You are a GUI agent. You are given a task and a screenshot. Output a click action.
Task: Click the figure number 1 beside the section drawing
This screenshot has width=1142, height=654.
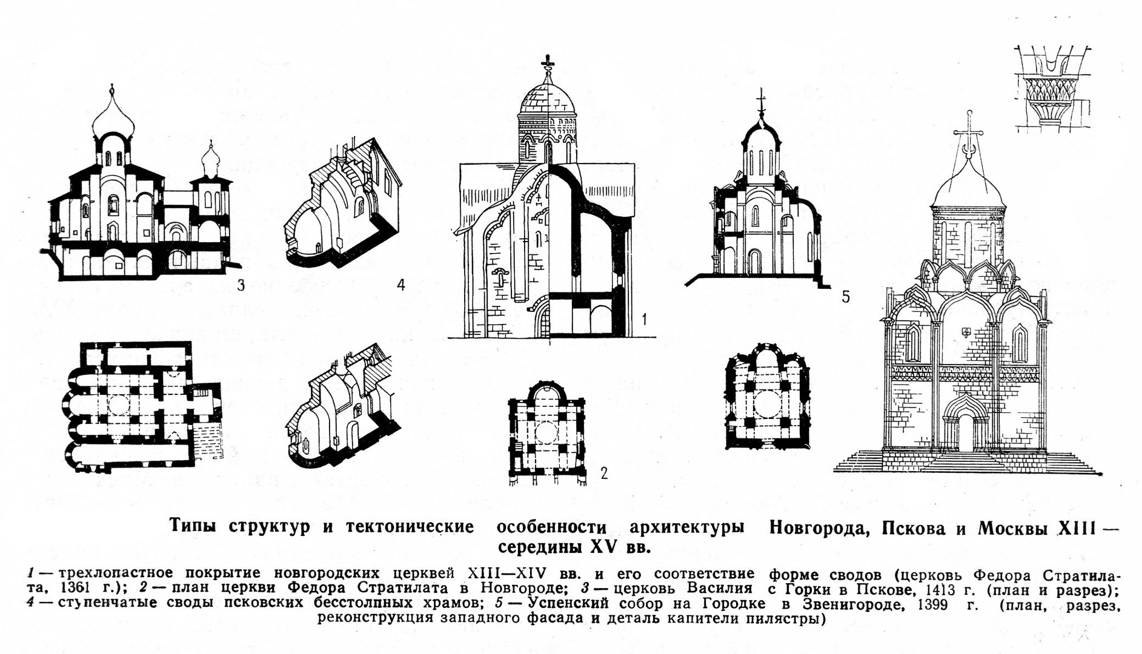point(646,317)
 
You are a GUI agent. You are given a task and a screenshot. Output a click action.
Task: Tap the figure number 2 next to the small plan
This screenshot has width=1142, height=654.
point(603,473)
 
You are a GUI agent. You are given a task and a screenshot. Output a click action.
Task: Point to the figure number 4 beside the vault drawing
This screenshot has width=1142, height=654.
point(400,285)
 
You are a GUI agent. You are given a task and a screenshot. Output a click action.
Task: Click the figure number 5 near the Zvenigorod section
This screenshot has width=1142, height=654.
point(846,297)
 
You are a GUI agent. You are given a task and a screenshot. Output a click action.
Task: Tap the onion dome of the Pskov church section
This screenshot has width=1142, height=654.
point(113,123)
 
